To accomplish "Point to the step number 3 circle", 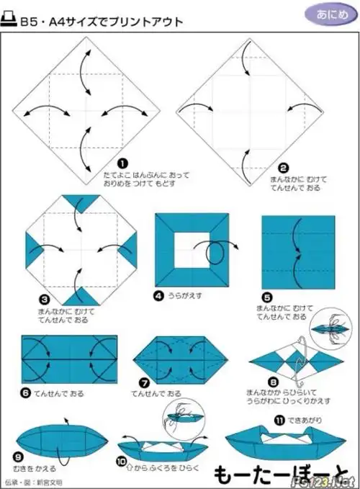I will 44,297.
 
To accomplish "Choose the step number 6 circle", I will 26,392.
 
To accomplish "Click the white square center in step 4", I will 192,249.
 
